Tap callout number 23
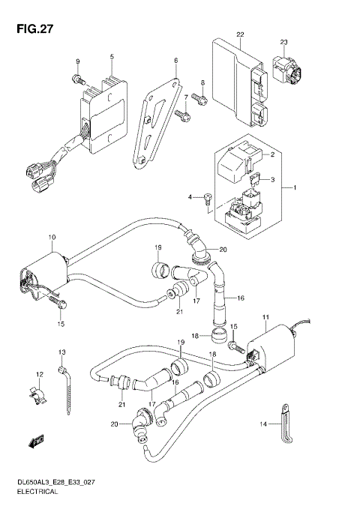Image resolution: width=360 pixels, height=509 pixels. [x=284, y=41]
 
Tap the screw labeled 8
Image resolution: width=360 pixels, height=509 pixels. [x=197, y=97]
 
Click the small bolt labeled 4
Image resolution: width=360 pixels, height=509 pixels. [x=208, y=197]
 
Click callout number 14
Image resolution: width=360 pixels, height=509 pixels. [x=263, y=424]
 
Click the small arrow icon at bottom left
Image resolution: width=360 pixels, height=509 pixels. [x=34, y=443]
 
